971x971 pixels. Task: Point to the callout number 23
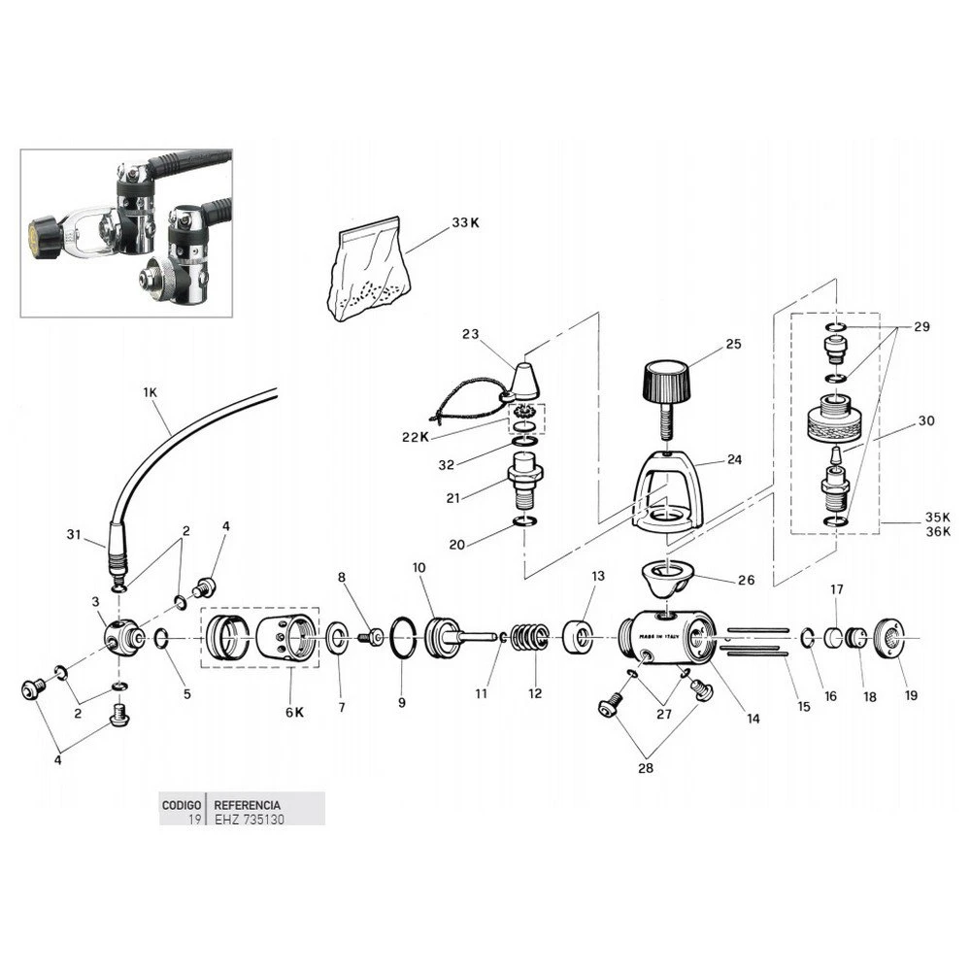tap(471, 334)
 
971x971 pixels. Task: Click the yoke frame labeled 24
tap(665, 490)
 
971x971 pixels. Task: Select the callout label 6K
tap(294, 712)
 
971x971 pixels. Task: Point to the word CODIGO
tap(182, 805)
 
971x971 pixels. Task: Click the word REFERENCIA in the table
tap(248, 805)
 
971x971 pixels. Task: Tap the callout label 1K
tap(150, 391)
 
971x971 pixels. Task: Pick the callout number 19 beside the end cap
tap(910, 695)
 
